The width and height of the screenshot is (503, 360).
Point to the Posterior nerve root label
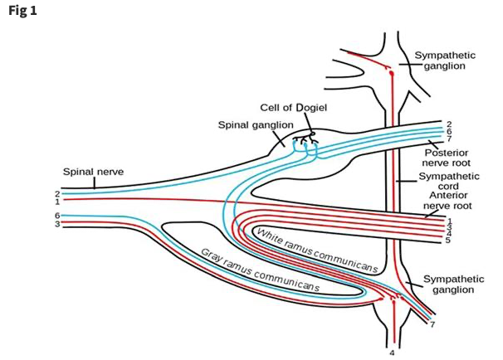pyautogui.click(x=448, y=158)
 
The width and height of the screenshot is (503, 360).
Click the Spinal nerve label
pyautogui.click(x=93, y=172)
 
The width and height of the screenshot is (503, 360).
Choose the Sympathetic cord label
pyautogui.click(x=448, y=182)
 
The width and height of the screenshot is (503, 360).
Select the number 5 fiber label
pyautogui.click(x=447, y=241)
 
